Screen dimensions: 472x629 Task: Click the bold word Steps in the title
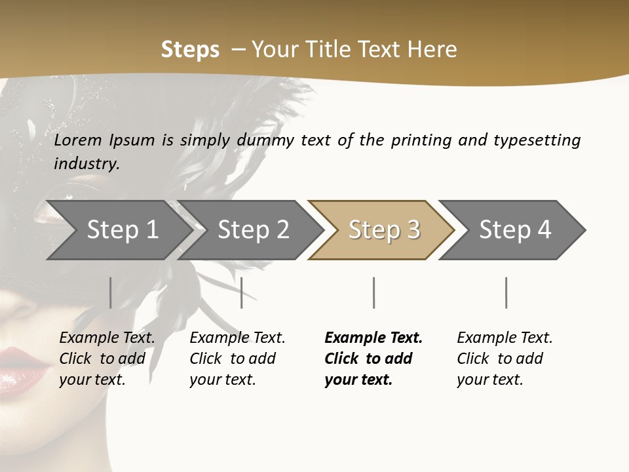click(x=190, y=50)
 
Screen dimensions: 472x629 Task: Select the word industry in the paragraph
click(x=86, y=164)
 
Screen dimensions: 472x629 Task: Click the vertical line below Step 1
click(x=111, y=292)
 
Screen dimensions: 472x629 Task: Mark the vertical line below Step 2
click(x=242, y=292)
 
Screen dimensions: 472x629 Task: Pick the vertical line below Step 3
click(x=373, y=292)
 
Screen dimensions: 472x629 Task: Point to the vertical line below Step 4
click(x=506, y=292)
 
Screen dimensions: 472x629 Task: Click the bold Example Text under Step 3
click(x=373, y=338)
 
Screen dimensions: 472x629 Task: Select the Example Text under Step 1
click(x=107, y=338)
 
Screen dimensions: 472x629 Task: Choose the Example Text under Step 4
click(x=505, y=338)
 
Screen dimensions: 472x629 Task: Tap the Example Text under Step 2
click(x=237, y=338)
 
